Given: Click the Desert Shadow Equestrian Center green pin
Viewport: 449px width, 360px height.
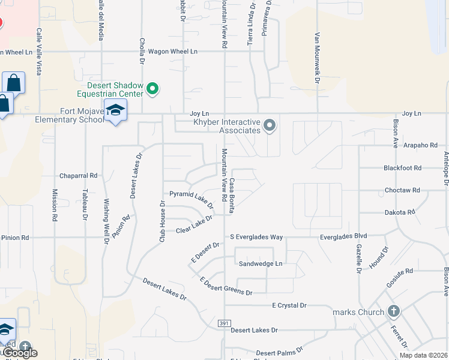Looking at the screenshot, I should (x=152, y=89).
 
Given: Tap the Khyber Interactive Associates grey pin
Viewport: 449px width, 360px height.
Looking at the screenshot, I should (x=270, y=125).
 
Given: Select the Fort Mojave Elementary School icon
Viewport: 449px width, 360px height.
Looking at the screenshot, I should (x=115, y=110).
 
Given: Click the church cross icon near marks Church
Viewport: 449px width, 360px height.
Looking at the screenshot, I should (x=393, y=311).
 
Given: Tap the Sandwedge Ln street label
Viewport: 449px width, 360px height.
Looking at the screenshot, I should (x=261, y=263).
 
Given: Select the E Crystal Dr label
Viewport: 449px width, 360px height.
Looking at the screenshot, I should (x=289, y=305).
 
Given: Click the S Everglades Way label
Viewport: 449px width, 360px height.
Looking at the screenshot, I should (x=256, y=237).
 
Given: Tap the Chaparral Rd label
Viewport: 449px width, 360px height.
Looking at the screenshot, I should (x=78, y=176).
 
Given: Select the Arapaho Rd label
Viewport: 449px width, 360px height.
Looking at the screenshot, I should (x=420, y=145).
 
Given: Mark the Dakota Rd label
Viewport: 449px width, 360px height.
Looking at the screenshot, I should (x=400, y=212).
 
